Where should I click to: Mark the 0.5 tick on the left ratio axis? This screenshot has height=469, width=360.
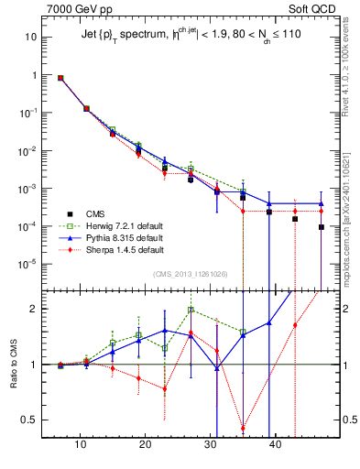29,420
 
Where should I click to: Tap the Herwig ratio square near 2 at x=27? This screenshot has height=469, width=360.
191,310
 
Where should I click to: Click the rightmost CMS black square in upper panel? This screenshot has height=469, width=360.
322,227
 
